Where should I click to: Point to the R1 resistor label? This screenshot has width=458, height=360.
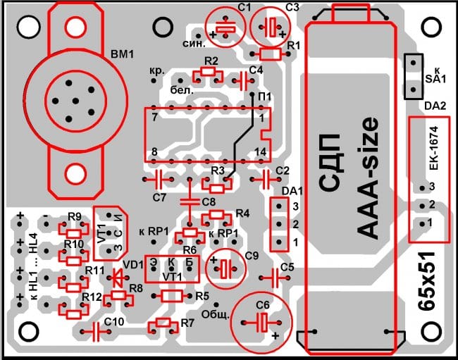pos(295,45)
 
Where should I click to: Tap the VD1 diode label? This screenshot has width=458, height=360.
pos(132,266)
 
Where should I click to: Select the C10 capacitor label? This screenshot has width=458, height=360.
pos(114,321)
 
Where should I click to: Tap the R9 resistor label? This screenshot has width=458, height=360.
pos(75,216)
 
